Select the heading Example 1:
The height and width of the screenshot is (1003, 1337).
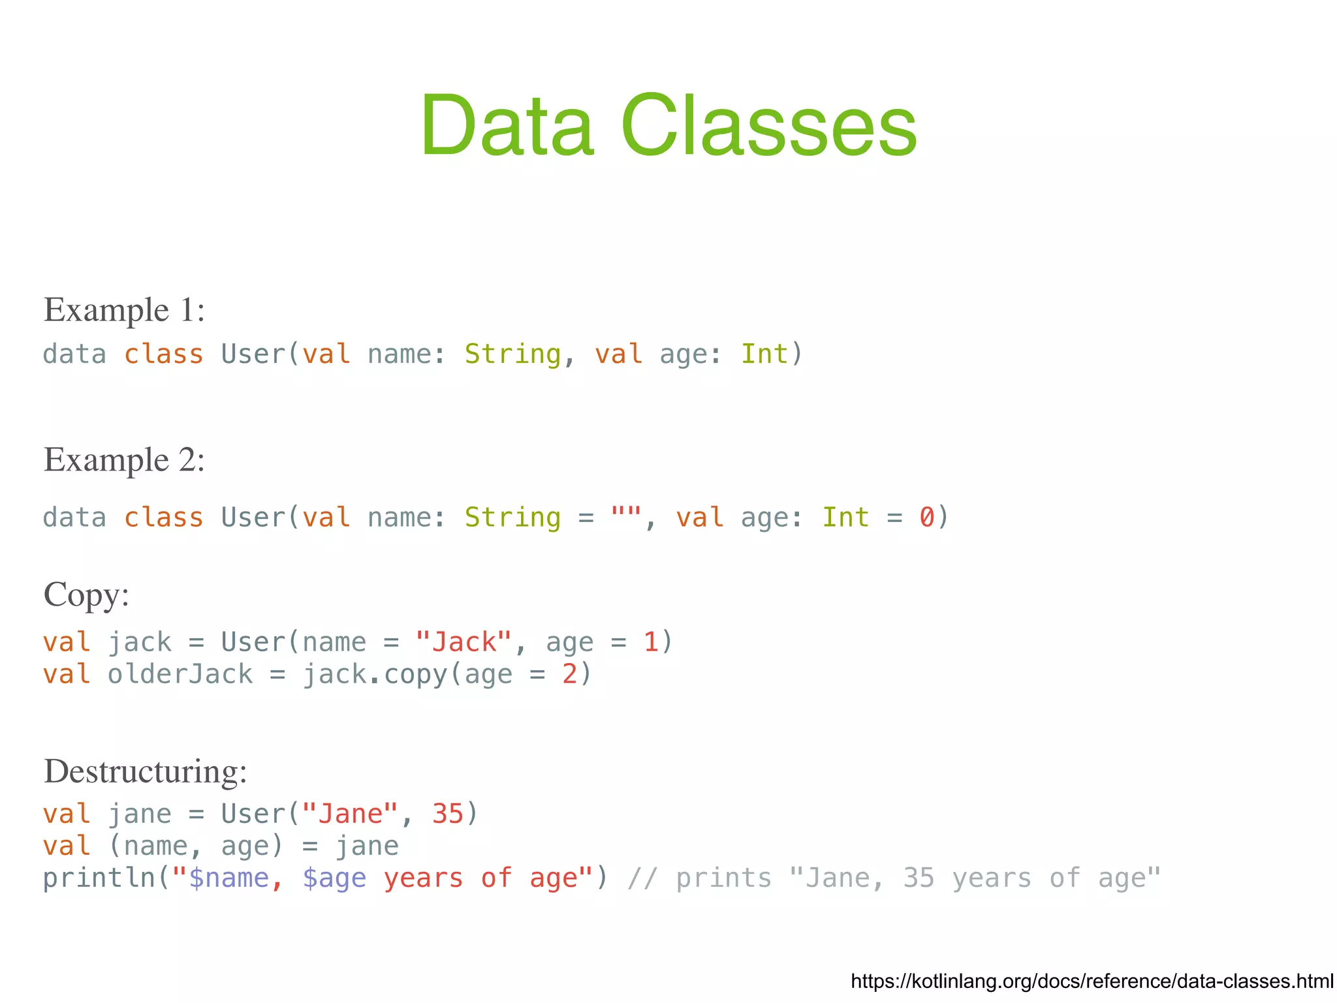[124, 309]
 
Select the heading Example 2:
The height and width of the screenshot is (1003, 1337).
[124, 459]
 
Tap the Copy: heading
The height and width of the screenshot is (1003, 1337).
[86, 594]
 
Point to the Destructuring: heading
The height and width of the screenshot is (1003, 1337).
[145, 771]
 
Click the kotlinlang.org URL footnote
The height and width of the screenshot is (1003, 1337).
[1092, 981]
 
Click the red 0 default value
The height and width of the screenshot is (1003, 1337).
[927, 517]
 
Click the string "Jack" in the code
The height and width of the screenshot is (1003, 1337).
[464, 642]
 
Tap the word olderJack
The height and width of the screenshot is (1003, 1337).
[180, 674]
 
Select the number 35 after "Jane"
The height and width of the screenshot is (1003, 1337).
[447, 814]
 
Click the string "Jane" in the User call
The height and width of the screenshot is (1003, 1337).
[350, 814]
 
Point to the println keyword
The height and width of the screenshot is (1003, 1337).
[99, 878]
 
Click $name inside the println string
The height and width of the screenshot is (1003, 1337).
[228, 878]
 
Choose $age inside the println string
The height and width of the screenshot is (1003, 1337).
[334, 878]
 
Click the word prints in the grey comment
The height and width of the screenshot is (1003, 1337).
[723, 878]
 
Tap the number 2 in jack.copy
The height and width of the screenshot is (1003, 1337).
[569, 674]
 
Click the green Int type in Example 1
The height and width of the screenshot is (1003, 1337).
[764, 354]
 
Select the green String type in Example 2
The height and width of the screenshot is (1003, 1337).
[512, 517]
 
